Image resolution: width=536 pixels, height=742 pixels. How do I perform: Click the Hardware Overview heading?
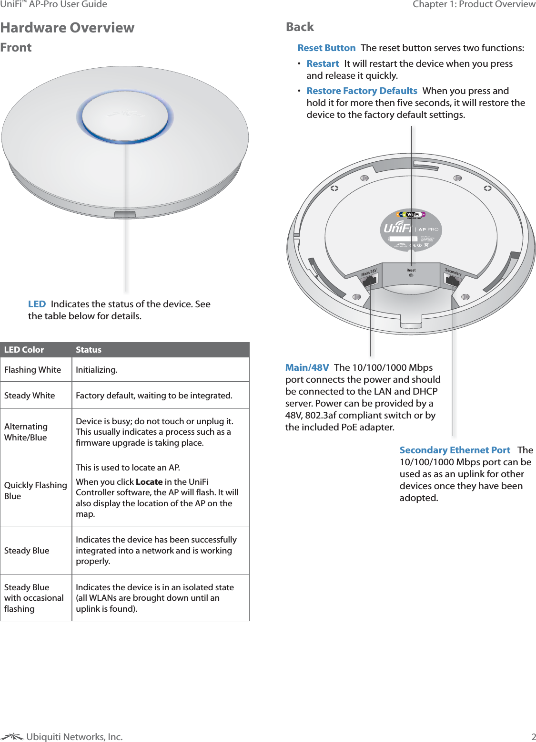click(67, 28)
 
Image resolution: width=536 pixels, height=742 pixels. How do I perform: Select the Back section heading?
click(300, 27)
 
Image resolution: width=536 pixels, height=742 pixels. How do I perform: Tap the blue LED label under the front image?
click(37, 304)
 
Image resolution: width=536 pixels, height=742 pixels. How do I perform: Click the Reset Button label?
click(326, 48)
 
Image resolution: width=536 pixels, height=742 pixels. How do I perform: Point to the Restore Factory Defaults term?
click(362, 91)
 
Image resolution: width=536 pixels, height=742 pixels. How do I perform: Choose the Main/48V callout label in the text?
click(307, 367)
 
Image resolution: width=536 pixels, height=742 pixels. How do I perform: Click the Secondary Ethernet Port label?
click(455, 450)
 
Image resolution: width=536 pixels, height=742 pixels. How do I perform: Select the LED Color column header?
click(24, 350)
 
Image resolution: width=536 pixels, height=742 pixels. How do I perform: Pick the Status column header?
click(89, 350)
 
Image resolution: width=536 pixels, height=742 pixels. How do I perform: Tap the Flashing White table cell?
click(32, 370)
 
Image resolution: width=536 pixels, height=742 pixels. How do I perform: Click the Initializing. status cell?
click(97, 370)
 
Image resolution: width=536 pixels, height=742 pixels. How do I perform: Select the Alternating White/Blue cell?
click(26, 432)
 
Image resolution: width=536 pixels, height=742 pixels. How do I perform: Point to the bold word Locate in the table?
click(149, 482)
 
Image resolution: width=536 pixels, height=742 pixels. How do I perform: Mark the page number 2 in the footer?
click(534, 737)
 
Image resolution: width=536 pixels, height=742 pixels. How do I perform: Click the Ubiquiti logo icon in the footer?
click(12, 737)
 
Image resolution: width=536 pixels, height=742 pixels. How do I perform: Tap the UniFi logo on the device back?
click(398, 228)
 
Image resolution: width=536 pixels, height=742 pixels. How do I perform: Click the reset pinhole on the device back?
click(411, 275)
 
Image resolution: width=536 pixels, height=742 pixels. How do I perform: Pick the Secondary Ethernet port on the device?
click(452, 281)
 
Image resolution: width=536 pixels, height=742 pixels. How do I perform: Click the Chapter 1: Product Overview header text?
click(474, 4)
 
